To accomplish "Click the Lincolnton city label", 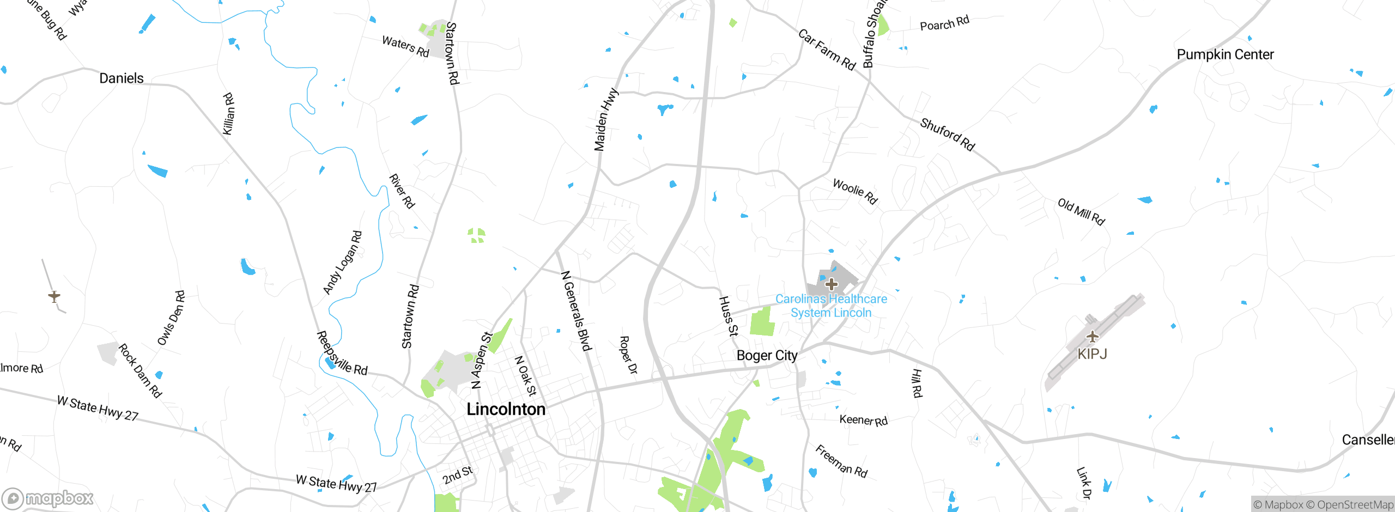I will [506, 409].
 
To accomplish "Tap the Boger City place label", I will [767, 356].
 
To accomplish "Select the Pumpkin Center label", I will [1225, 54].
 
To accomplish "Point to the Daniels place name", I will [121, 78].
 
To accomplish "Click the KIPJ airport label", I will [1092, 354].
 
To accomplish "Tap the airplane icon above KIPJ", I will [1092, 337].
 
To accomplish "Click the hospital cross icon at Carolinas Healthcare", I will [831, 284].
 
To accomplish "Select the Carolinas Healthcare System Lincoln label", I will [831, 306].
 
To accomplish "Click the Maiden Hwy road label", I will [605, 120].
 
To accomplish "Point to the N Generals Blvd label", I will [576, 311].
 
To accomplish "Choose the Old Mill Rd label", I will [1081, 212].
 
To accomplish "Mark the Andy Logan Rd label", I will [342, 263].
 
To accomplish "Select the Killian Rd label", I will [229, 114].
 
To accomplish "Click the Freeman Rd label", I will [841, 461].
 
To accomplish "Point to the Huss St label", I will [728, 316].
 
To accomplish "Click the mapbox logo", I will [48, 498].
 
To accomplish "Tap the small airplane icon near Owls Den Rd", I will [54, 296].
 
